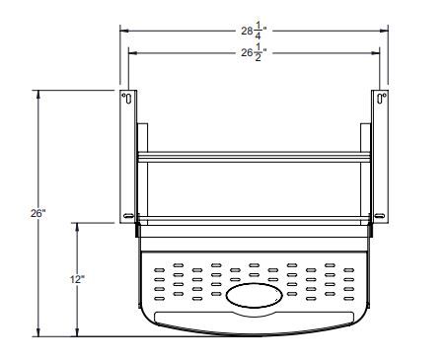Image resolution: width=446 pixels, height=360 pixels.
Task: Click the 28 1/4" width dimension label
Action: (x=253, y=31)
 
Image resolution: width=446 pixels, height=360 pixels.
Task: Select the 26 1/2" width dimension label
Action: (x=253, y=53)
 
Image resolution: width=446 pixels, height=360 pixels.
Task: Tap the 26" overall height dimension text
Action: (x=37, y=213)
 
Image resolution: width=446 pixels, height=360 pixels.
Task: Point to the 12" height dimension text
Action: (x=77, y=280)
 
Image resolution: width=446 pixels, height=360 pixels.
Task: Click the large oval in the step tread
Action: (x=253, y=295)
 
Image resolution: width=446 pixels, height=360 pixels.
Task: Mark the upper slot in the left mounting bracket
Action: (x=126, y=99)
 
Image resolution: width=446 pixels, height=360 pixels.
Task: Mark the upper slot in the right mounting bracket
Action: (x=380, y=99)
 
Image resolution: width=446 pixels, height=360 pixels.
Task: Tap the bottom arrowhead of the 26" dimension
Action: (x=37, y=332)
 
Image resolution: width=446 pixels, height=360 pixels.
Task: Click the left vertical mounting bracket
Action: (x=127, y=158)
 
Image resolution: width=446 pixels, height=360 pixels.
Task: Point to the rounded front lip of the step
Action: (x=253, y=324)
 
